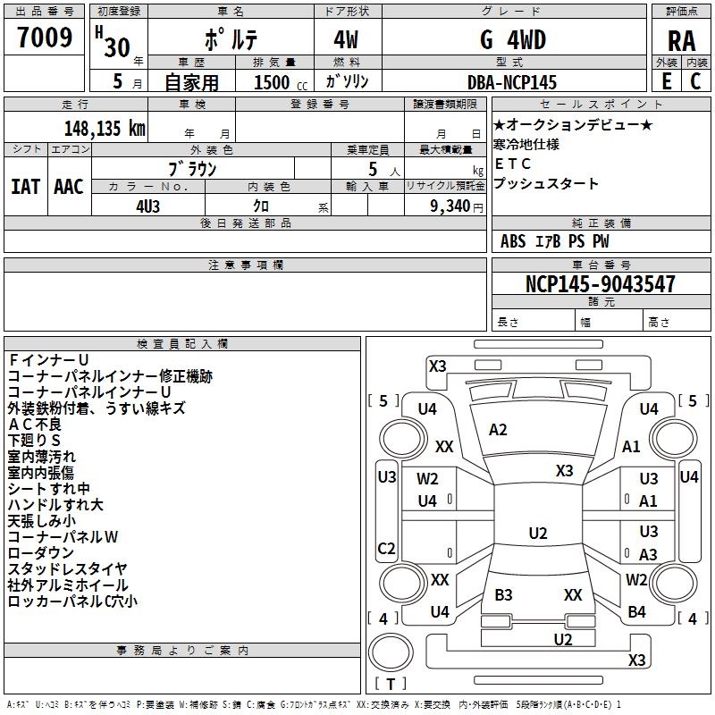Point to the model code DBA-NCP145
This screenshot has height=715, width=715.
click(x=512, y=82)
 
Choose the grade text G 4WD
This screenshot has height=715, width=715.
click(x=512, y=40)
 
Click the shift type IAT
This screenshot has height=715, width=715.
click(x=25, y=186)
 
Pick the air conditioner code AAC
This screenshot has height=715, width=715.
click(x=69, y=186)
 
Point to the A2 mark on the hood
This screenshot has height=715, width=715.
click(x=498, y=430)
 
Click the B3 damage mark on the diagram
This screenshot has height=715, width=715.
click(x=503, y=595)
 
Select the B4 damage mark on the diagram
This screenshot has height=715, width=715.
click(x=636, y=611)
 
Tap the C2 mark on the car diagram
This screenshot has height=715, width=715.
click(x=386, y=548)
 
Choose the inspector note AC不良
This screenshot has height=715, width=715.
click(x=35, y=424)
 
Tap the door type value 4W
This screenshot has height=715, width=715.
click(x=348, y=40)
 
